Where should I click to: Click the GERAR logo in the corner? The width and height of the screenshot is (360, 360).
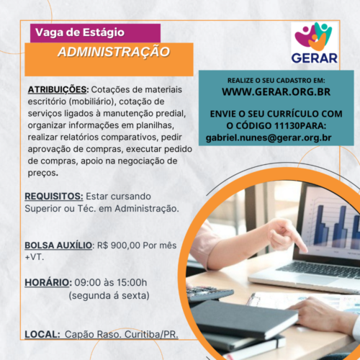[315, 42]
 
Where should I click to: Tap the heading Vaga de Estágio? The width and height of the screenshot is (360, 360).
[80, 32]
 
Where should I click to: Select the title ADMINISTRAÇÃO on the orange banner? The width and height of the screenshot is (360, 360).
[114, 52]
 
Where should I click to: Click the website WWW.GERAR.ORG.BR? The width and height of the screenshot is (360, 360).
[276, 92]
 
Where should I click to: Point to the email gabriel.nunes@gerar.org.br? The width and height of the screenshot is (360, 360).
[269, 138]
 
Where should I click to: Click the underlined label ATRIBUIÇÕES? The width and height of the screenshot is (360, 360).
[57, 90]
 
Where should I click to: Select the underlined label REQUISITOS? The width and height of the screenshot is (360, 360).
[54, 197]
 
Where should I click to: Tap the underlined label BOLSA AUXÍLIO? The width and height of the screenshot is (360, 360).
[58, 246]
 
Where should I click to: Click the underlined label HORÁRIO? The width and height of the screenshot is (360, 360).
[48, 282]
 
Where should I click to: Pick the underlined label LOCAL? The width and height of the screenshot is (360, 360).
[42, 334]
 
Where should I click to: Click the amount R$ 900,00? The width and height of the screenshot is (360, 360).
[119, 246]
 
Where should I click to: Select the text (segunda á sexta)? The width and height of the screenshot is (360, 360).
[109, 296]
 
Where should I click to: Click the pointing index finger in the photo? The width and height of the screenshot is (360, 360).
[298, 242]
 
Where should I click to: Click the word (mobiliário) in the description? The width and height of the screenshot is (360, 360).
[91, 102]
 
